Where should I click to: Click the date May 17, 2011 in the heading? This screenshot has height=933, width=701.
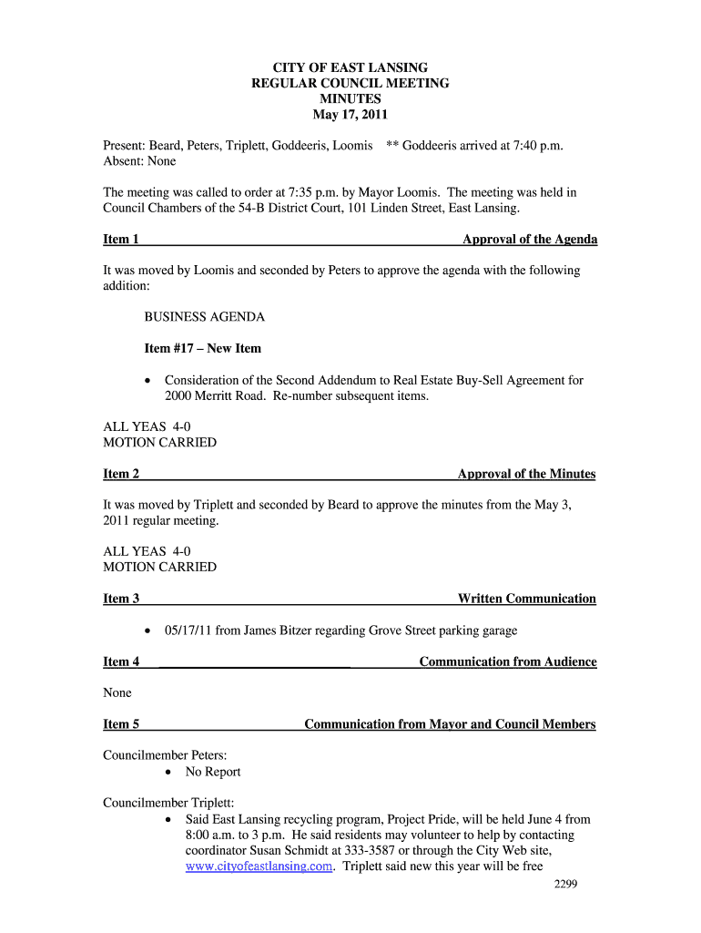coord(350,115)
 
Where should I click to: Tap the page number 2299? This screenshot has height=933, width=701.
coord(566,885)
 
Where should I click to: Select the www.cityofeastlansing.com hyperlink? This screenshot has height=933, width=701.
coord(259,866)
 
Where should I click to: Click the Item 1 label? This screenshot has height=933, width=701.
coord(121,240)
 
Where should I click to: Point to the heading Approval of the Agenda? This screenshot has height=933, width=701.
coord(530,240)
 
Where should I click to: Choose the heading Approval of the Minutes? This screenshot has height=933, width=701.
coord(527,474)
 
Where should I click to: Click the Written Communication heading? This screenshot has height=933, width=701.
coord(527,599)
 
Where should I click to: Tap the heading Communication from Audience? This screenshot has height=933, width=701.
coord(508,661)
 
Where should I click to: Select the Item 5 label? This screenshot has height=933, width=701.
coord(121,724)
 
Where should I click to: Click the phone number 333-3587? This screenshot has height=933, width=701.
coord(411,851)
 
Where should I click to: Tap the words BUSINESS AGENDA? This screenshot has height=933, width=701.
coord(205,317)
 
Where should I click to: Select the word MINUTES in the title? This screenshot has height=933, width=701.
coord(350,99)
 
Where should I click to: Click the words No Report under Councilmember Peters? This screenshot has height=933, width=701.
coord(213,772)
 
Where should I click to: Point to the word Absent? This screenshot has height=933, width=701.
coord(122,161)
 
